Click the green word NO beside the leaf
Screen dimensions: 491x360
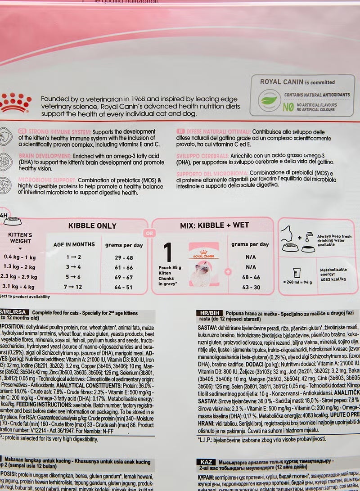(288, 107)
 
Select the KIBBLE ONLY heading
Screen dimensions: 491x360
(92, 226)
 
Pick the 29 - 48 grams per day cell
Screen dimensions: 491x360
(124, 257)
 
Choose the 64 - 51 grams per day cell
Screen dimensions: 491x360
(124, 287)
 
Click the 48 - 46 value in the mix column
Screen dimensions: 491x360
(250, 277)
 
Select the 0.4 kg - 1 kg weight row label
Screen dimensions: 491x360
(19, 257)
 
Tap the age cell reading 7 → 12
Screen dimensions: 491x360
(73, 287)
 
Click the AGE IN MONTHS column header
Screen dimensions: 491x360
(74, 244)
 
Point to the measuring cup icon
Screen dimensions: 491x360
(296, 273)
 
